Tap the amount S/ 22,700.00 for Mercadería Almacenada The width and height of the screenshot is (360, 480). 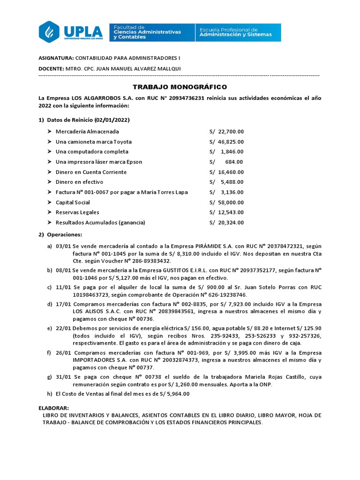coord(227,132)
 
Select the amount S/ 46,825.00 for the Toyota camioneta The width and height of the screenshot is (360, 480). coord(227,142)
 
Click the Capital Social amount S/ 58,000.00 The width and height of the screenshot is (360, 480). coord(227,202)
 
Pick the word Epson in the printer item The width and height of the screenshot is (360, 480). coord(134,162)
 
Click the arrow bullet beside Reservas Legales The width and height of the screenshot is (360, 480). coord(50,212)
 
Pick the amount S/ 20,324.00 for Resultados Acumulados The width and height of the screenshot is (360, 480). coord(227,222)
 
